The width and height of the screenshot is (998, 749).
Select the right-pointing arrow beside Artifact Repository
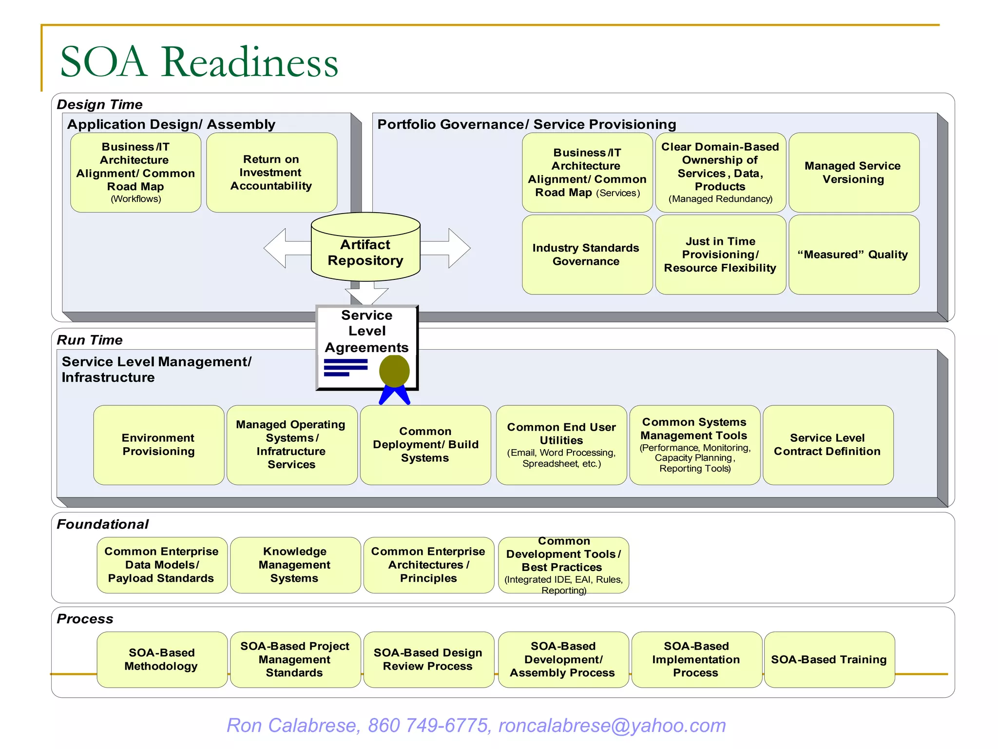point(448,248)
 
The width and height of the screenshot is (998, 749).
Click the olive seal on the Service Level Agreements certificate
point(394,371)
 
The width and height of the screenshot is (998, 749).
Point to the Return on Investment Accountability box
point(271,173)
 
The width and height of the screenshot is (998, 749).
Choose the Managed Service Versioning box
point(854,173)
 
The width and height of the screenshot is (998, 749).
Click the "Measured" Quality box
point(854,255)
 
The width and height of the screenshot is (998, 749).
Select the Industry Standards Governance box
point(587,255)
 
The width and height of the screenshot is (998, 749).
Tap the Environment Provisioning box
point(158,445)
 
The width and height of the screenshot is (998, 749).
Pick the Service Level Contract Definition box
point(827,445)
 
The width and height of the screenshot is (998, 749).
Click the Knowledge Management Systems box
point(295,565)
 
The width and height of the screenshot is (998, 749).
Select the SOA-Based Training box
point(829,660)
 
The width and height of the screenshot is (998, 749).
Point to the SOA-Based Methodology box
point(162,660)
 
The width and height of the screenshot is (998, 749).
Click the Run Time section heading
point(90,340)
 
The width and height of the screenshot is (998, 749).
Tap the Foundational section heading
point(103,524)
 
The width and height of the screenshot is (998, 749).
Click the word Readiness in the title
point(249,62)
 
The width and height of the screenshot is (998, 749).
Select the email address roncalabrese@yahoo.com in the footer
point(612,726)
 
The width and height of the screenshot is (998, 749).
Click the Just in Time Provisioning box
point(720,255)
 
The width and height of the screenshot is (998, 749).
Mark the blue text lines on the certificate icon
point(345,367)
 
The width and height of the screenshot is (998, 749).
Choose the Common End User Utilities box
point(561,445)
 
